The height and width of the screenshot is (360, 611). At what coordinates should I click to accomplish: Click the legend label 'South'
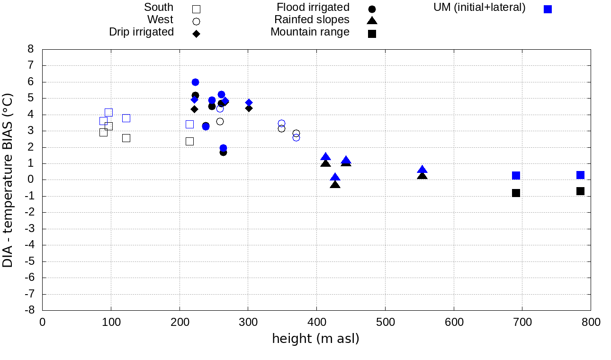pos(159,7)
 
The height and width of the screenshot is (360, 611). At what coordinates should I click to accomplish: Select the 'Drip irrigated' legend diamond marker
pos(196,34)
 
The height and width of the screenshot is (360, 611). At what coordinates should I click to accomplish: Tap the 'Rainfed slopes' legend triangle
pos(372,20)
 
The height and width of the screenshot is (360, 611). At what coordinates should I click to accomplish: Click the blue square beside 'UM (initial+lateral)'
pos(548,9)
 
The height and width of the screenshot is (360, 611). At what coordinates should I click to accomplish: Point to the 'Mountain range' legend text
pos(310,32)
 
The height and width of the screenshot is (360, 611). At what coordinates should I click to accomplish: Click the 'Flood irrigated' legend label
pos(313,7)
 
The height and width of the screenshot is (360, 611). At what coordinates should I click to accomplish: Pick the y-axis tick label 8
pos(31,49)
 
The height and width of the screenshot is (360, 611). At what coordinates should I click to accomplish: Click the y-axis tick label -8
pos(29,311)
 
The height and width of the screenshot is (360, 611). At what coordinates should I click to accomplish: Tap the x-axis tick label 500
pos(385,323)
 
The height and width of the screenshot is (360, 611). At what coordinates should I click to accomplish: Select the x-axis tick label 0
pos(42,323)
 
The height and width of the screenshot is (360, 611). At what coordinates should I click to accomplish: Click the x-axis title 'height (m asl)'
pos(315,339)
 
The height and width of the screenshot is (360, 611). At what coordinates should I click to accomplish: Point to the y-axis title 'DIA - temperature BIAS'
pos(8,180)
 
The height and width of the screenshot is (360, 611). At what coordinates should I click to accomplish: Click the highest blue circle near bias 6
pos(195,82)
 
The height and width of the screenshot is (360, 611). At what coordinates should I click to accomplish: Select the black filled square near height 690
pos(516,193)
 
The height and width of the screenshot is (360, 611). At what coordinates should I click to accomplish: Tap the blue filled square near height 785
pos(580,175)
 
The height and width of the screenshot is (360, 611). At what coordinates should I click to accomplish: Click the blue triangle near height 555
pos(422,170)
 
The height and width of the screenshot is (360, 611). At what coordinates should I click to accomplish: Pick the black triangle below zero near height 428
pos(335,184)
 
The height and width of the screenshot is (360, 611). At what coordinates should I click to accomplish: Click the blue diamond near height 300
pos(249,102)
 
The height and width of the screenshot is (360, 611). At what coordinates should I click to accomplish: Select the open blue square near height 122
pos(126,118)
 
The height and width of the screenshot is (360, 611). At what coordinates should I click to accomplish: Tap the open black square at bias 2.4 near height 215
pos(189,141)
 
